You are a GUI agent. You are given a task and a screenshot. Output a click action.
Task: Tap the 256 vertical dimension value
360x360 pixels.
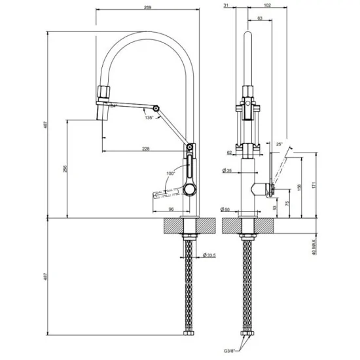pyautogui.click(x=64, y=168)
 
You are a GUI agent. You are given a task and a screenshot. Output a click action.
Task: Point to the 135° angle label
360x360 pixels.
pyautogui.click(x=150, y=118)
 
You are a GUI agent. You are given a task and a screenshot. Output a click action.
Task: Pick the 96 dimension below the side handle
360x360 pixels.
pyautogui.click(x=171, y=209)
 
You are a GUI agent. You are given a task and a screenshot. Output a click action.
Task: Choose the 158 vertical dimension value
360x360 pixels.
pyautogui.click(x=300, y=188)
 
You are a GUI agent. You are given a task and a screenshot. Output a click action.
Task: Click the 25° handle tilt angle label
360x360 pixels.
pyautogui.click(x=279, y=144)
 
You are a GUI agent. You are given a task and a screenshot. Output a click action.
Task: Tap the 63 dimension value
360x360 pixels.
pyautogui.click(x=261, y=19)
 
